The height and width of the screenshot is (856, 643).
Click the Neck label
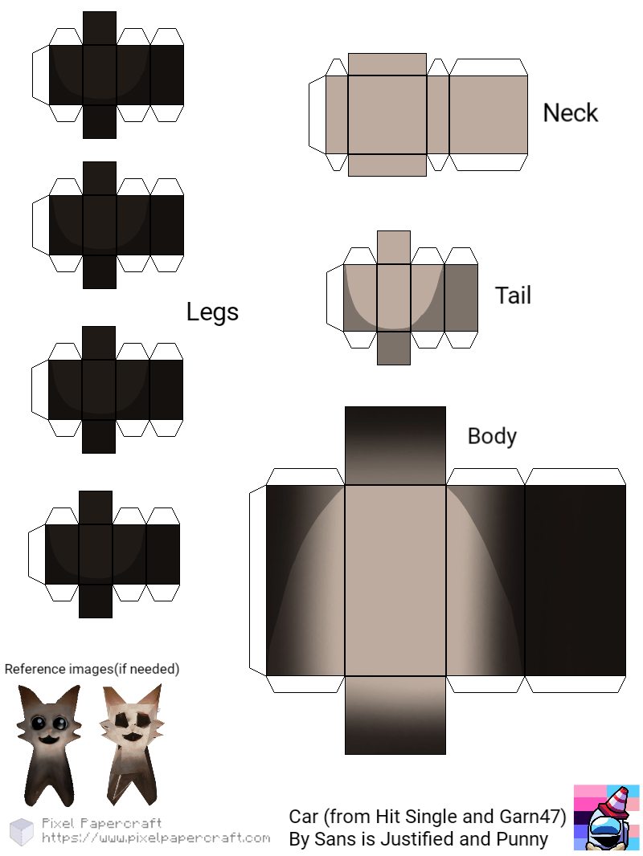(x=570, y=113)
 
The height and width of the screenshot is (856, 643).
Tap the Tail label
(x=513, y=296)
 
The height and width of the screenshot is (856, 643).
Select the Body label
(x=491, y=436)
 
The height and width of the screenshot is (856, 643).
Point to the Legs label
(x=212, y=312)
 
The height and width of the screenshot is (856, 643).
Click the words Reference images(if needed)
(x=92, y=669)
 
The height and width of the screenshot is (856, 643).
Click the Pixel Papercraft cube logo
(x=22, y=832)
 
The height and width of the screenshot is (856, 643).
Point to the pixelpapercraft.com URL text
(x=156, y=838)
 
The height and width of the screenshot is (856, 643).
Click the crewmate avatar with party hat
(x=606, y=817)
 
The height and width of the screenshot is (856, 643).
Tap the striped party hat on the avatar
(x=616, y=800)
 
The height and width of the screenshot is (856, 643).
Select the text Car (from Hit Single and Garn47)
(x=428, y=817)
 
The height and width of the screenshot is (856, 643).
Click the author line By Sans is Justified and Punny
(x=418, y=840)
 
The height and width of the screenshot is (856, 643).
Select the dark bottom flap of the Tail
(x=393, y=349)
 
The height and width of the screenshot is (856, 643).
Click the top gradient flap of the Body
(x=395, y=445)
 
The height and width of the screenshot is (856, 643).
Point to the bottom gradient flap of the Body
(x=395, y=715)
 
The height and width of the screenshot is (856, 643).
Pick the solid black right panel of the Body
(x=575, y=580)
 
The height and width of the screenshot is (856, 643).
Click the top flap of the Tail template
(x=393, y=247)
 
